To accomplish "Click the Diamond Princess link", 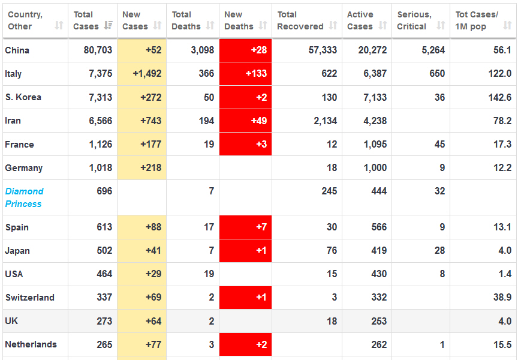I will pyautogui.click(x=24, y=197).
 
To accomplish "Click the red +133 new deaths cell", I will pyautogui.click(x=246, y=74).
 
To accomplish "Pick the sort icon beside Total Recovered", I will pyautogui.click(x=333, y=26).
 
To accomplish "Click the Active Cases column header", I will pyautogui.click(x=360, y=20).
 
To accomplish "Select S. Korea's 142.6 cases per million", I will pyautogui.click(x=500, y=97).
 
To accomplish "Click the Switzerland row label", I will pyautogui.click(x=29, y=298).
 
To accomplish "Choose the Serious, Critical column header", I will pyautogui.click(x=414, y=20).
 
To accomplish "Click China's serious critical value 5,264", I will pyautogui.click(x=433, y=50).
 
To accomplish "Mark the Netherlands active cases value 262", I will pyautogui.click(x=379, y=344).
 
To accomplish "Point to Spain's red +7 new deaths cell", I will pyautogui.click(x=246, y=227).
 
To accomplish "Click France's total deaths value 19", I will pyautogui.click(x=208, y=144).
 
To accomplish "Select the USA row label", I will pyautogui.click(x=14, y=274).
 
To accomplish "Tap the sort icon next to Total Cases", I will pyautogui.click(x=109, y=26).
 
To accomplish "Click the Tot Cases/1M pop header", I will pyautogui.click(x=477, y=20).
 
